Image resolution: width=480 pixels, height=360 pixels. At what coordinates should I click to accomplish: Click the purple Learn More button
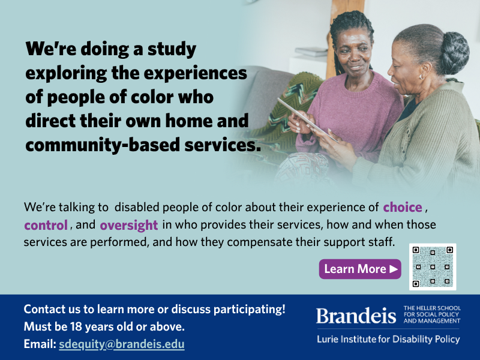[360, 269]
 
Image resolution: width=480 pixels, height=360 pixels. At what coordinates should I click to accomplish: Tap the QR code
[433, 266]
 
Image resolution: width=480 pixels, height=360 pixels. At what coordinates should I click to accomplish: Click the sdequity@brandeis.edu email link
[122, 344]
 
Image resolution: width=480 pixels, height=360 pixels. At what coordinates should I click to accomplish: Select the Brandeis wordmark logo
[356, 316]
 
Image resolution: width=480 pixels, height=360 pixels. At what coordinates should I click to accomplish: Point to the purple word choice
[403, 207]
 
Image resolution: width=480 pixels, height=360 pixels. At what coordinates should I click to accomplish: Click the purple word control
[46, 225]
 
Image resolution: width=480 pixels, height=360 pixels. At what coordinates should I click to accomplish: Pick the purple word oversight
[129, 225]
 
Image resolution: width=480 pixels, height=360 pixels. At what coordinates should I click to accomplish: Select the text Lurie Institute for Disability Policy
[388, 339]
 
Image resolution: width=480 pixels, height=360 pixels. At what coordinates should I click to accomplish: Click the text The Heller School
[432, 308]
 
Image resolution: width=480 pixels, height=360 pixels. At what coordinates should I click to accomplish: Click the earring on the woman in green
[422, 76]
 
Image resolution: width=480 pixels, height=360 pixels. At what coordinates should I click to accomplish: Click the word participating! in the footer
[249, 310]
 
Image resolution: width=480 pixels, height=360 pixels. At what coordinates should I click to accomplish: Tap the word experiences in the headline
[196, 73]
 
